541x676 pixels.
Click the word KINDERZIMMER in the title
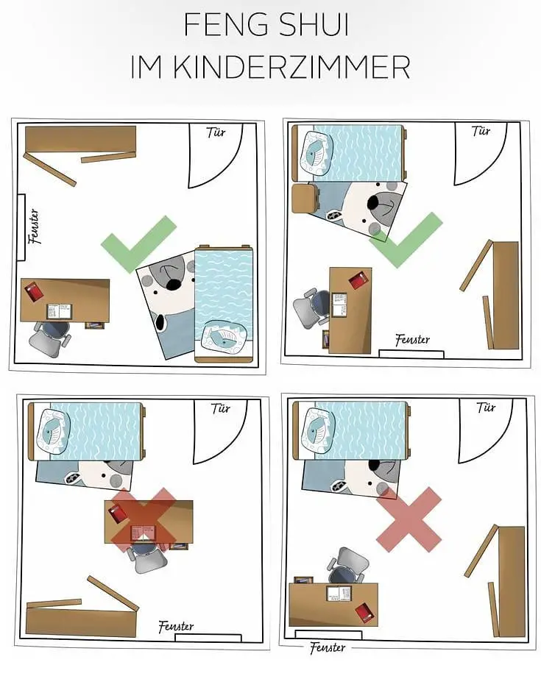269,67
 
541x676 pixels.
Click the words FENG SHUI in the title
266,26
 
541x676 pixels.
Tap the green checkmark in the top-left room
138,243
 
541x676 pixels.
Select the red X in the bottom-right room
409,519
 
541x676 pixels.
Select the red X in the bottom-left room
144,519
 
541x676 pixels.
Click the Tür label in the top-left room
216,133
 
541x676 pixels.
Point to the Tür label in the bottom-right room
485,407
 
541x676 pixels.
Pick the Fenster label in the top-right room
412,340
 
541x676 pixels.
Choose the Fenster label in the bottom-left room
177,626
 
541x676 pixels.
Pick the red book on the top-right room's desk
358,280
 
